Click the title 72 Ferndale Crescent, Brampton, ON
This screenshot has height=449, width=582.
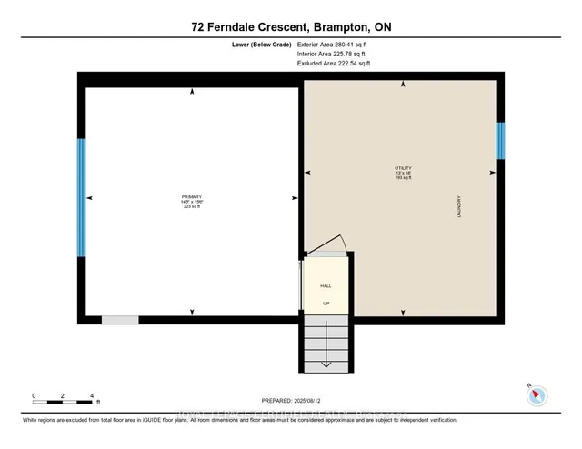pos(291,27)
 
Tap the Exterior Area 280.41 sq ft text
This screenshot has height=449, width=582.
pos(334,44)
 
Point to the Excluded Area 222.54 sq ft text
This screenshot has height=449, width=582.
pos(334,64)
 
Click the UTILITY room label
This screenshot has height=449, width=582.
pos(403,168)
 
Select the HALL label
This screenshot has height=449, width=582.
pos(326,284)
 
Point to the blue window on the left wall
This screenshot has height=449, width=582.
pos(81,198)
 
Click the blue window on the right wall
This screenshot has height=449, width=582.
pos(499,141)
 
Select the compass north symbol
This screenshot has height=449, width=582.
pos(537,394)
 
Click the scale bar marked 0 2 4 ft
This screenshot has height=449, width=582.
pos(64,401)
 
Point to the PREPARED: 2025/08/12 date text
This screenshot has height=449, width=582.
pos(292,401)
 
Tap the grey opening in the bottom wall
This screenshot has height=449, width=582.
pos(120,320)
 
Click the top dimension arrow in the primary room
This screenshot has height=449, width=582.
pos(191,91)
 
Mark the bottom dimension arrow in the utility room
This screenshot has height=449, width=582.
pos(403,313)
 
